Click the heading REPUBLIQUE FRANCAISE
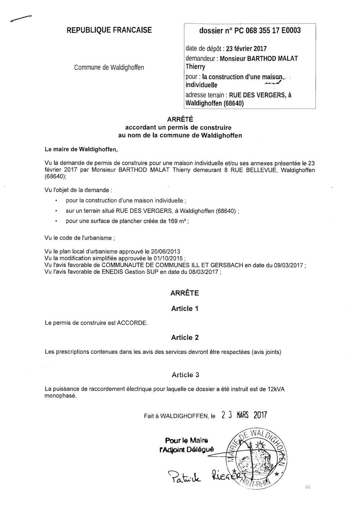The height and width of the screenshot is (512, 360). [x=109, y=30]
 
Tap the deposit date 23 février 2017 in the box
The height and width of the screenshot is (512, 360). [x=246, y=49]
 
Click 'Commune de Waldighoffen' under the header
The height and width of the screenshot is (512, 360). [x=109, y=67]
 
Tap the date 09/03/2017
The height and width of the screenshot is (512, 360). [x=287, y=266]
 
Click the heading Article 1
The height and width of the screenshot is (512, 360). [x=185, y=308]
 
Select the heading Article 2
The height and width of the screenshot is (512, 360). [x=185, y=337]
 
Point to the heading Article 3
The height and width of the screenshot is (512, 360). [x=185, y=375]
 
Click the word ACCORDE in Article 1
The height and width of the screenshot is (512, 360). [x=132, y=323]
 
